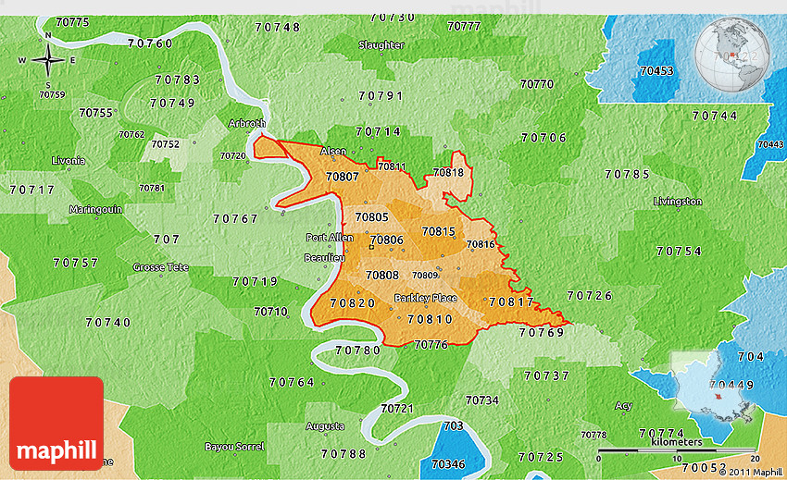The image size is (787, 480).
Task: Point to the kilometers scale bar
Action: coord(677,451)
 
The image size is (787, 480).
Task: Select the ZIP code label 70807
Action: coord(344,177)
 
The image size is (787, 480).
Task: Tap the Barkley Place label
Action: coord(425,298)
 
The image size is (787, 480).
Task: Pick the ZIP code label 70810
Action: coord(430,319)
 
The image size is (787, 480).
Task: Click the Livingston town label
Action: coord(677,201)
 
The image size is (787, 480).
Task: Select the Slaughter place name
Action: coord(381,44)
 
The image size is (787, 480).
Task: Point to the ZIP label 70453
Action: coord(656,70)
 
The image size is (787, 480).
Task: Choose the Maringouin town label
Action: coord(95,209)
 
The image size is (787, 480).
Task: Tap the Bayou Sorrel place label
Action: coord(234,447)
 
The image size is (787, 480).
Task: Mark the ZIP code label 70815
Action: coord(438,231)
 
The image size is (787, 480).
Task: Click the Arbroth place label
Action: coord(246,123)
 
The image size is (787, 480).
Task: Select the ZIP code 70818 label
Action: coord(448,172)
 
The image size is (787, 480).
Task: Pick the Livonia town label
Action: coord(69,160)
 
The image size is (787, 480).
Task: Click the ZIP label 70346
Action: coord(449,463)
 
